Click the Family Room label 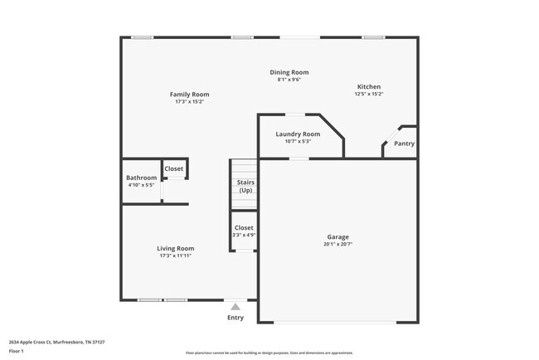pyautogui.click(x=190, y=95)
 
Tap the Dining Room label pyautogui.click(x=289, y=73)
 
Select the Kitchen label pyautogui.click(x=369, y=87)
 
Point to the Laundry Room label pyautogui.click(x=298, y=134)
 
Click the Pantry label pyautogui.click(x=404, y=144)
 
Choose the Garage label pyautogui.click(x=337, y=237)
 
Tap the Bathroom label pyautogui.click(x=141, y=178)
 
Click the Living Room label pyautogui.click(x=176, y=248)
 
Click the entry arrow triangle pyautogui.click(x=236, y=307)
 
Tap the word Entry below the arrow pyautogui.click(x=236, y=318)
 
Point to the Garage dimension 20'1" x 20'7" pyautogui.click(x=337, y=245)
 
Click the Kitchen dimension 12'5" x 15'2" pyautogui.click(x=369, y=95)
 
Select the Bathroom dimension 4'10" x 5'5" pyautogui.click(x=141, y=185)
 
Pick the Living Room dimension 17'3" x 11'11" pyautogui.click(x=176, y=255)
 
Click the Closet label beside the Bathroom pyautogui.click(x=174, y=169)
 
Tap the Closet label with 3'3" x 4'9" pyautogui.click(x=244, y=228)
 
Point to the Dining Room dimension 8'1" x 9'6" pyautogui.click(x=289, y=80)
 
